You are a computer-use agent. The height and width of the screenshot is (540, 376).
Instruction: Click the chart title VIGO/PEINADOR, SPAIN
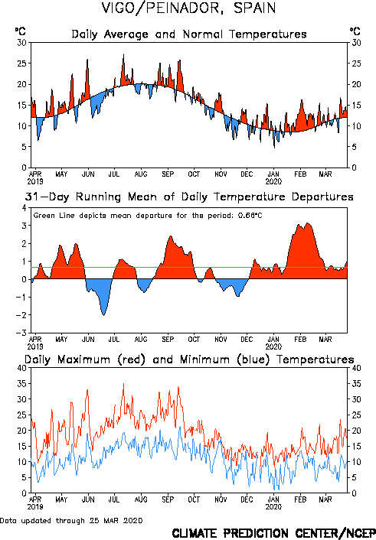(188, 8)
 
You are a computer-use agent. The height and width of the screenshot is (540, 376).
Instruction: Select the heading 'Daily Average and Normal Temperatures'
(189, 34)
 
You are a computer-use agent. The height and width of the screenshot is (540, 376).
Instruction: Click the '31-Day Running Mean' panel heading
(189, 197)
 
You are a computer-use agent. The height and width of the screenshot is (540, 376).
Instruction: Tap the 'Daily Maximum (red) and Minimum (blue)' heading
(189, 359)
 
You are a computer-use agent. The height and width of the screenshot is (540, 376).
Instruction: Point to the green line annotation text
(148, 216)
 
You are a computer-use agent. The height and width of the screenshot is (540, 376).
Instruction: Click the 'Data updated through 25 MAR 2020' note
(71, 520)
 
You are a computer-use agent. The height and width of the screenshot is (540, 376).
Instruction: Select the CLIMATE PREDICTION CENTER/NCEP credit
(273, 533)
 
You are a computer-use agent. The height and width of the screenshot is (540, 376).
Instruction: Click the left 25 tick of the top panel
(22, 63)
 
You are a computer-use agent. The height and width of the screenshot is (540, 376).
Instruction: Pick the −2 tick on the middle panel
(21, 315)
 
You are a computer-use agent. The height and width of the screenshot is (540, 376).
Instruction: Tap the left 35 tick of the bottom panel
(22, 384)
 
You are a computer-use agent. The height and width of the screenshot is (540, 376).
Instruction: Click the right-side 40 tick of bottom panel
(356, 368)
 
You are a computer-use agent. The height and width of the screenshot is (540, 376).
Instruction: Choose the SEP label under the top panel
(168, 174)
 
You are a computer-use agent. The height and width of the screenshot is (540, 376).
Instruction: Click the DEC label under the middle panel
(247, 340)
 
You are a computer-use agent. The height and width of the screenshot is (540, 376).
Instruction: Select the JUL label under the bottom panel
(114, 499)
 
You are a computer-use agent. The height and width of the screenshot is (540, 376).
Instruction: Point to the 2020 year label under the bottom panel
(273, 507)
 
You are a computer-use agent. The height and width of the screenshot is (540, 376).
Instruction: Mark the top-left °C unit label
(21, 31)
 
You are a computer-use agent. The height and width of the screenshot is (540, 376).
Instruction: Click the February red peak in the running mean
(308, 224)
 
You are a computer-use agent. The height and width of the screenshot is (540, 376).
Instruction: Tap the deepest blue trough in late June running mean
(104, 314)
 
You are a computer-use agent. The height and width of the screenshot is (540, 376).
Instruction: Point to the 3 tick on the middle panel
(24, 226)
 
